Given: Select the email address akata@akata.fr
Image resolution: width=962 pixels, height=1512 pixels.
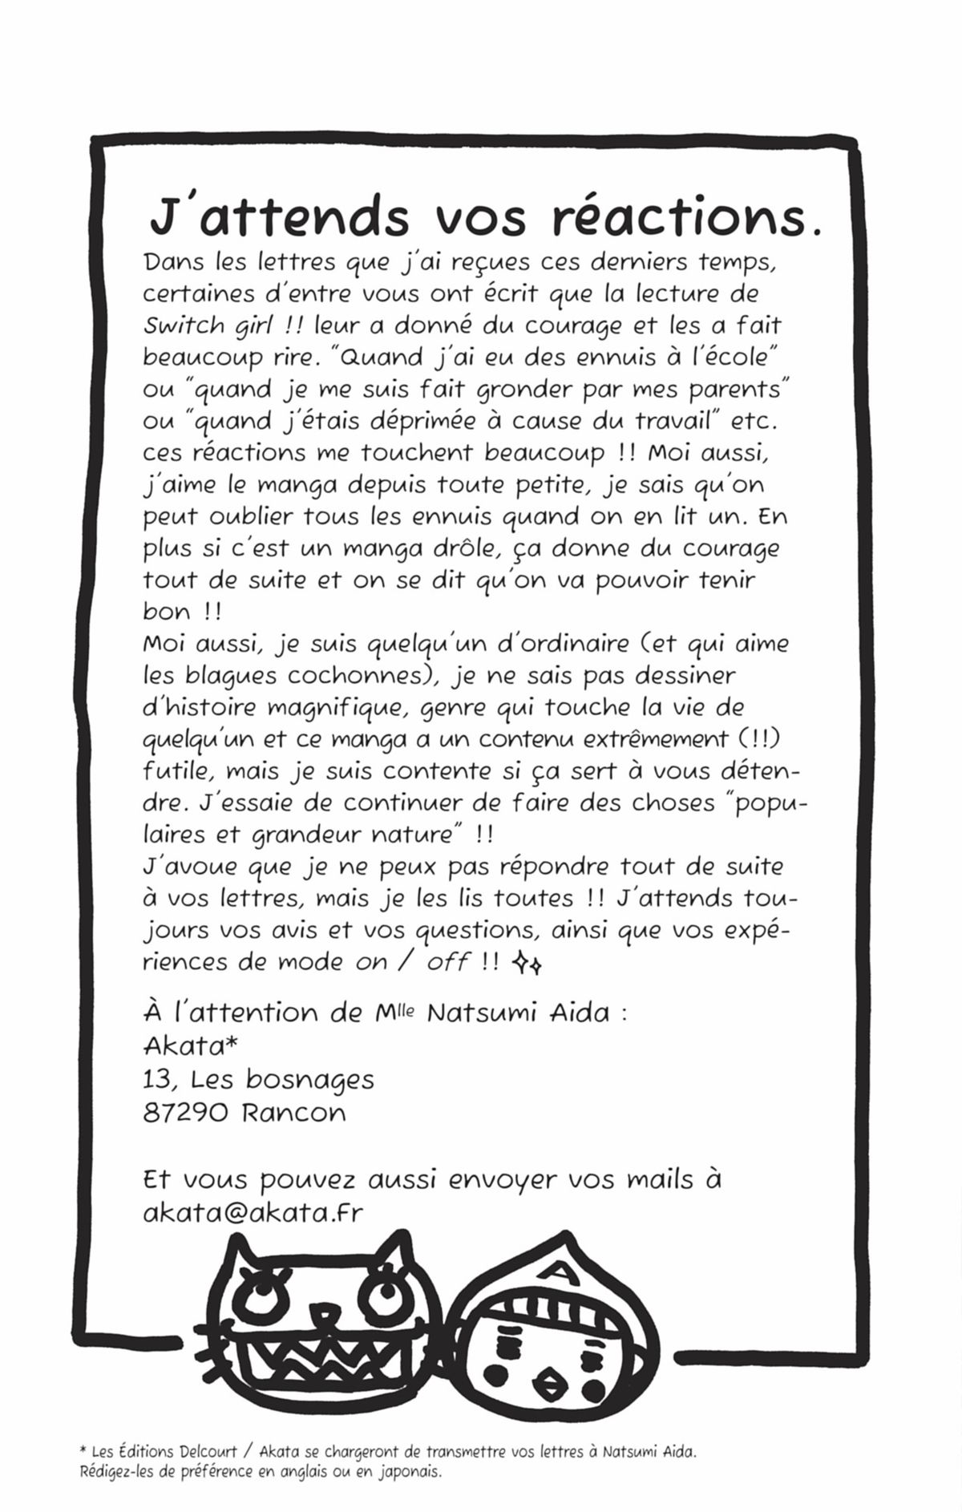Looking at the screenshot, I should click(x=253, y=1212).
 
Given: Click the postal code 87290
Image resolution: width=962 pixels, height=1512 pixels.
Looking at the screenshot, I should click(x=184, y=1113).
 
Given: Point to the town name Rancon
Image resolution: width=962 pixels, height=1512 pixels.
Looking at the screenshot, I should click(x=293, y=1113).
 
